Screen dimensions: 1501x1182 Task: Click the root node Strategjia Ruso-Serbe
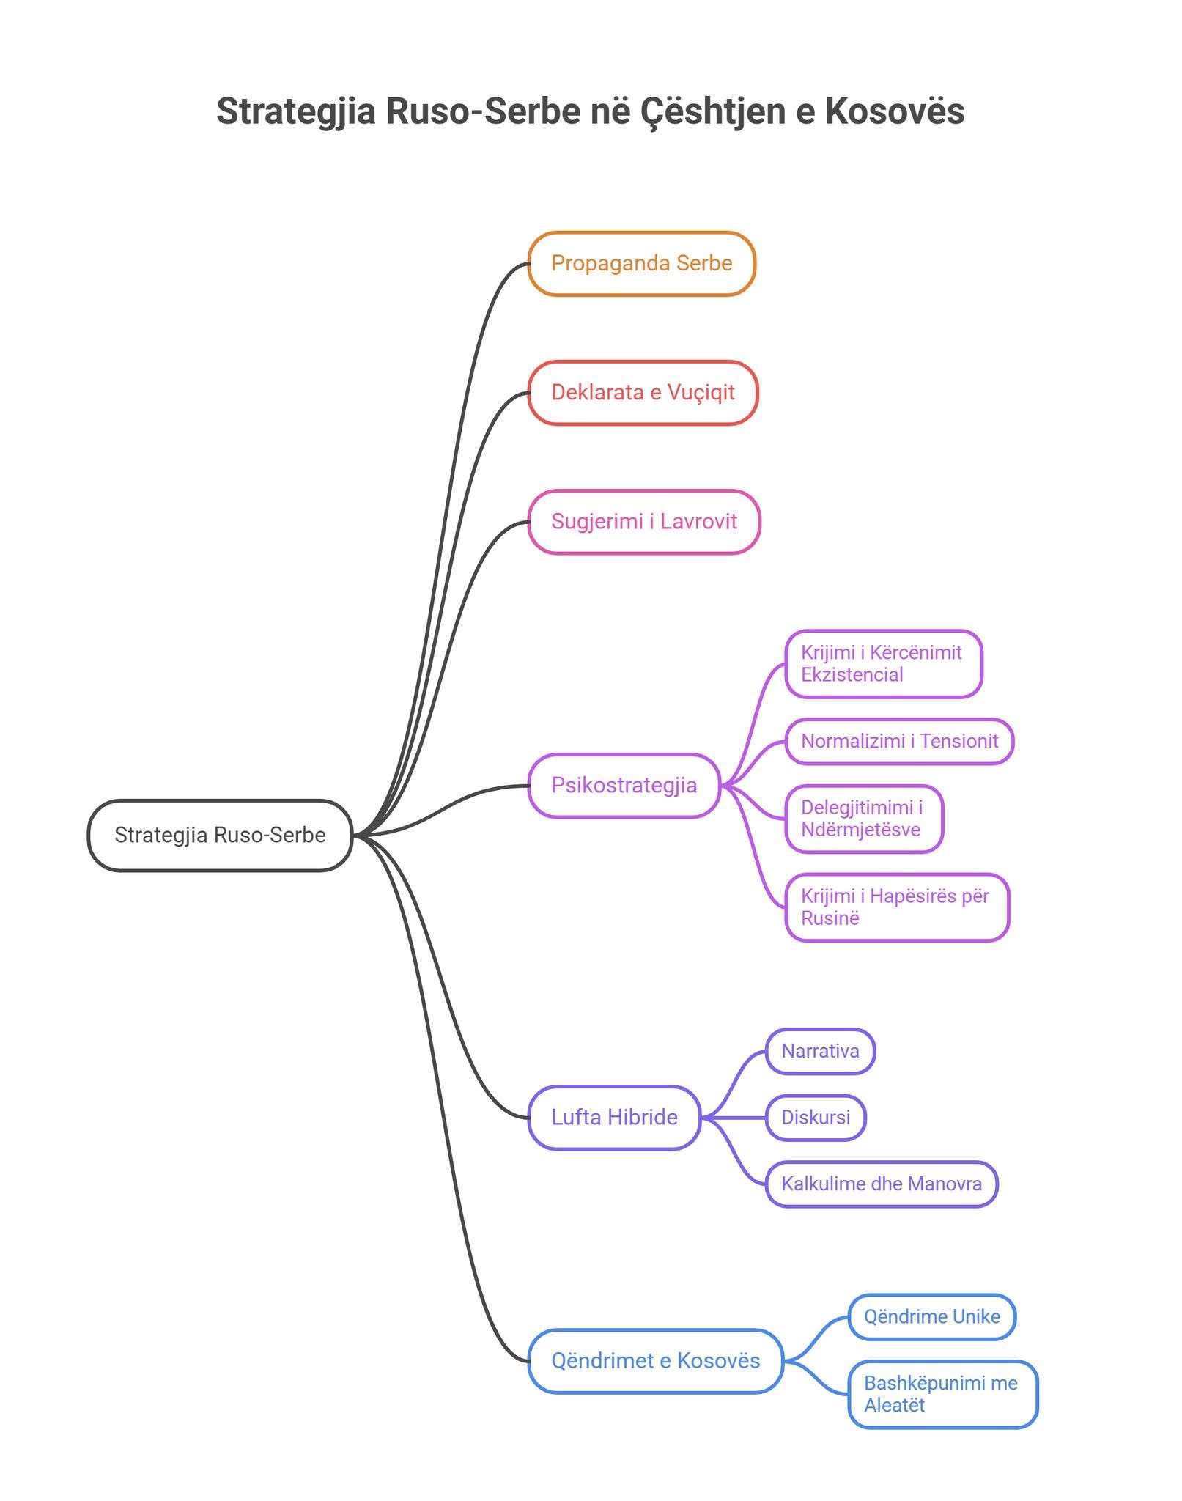click(x=220, y=835)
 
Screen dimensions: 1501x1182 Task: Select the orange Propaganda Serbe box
click(x=641, y=263)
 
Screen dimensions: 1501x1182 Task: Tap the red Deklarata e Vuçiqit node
click(x=643, y=392)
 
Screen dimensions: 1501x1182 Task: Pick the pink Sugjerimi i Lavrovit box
click(x=643, y=521)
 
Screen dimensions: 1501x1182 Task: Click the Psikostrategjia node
click(x=624, y=785)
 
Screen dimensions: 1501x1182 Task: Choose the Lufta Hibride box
click(x=614, y=1117)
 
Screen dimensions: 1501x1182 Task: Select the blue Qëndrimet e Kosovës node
click(x=655, y=1360)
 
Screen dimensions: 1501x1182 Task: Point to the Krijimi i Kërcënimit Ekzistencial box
click(x=883, y=663)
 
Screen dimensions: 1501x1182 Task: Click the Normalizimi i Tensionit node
click(x=899, y=741)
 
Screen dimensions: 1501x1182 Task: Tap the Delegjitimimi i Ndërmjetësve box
click(x=863, y=819)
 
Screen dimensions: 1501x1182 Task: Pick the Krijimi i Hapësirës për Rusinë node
click(x=897, y=907)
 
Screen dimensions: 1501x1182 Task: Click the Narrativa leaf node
click(x=820, y=1051)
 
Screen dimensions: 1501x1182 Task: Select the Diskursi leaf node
click(x=816, y=1117)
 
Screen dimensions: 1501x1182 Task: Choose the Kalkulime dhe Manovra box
click(x=881, y=1184)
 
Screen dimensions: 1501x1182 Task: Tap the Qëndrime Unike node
click(x=931, y=1316)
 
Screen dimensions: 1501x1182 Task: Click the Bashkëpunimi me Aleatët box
click(x=942, y=1394)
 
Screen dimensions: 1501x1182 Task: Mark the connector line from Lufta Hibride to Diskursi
click(x=733, y=1118)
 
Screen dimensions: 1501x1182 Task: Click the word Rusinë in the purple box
click(x=830, y=918)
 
